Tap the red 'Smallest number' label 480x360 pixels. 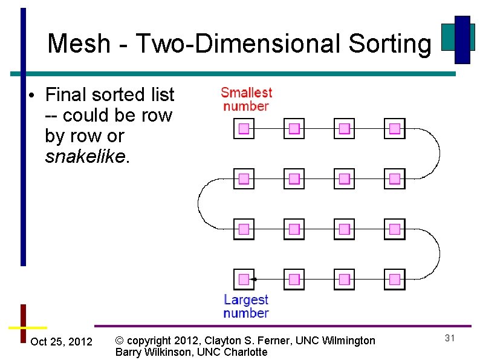pyautogui.click(x=246, y=99)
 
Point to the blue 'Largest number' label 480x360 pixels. pyautogui.click(x=245, y=306)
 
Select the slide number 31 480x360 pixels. pyautogui.click(x=449, y=338)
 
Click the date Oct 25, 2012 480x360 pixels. pyautogui.click(x=61, y=342)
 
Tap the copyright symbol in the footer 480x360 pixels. pyautogui.click(x=120, y=341)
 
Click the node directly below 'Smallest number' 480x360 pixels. pyautogui.click(x=244, y=128)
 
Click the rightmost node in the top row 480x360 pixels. pyautogui.click(x=395, y=128)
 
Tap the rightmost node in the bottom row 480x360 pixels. pyautogui.click(x=395, y=279)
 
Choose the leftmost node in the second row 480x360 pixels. pyautogui.click(x=244, y=178)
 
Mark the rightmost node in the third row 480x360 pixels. pyautogui.click(x=395, y=229)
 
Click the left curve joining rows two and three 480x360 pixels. pyautogui.click(x=199, y=203)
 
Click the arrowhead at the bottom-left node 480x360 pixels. pyautogui.click(x=255, y=279)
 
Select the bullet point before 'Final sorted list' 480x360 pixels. pyautogui.click(x=30, y=96)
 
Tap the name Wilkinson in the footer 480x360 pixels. pyautogui.click(x=170, y=352)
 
